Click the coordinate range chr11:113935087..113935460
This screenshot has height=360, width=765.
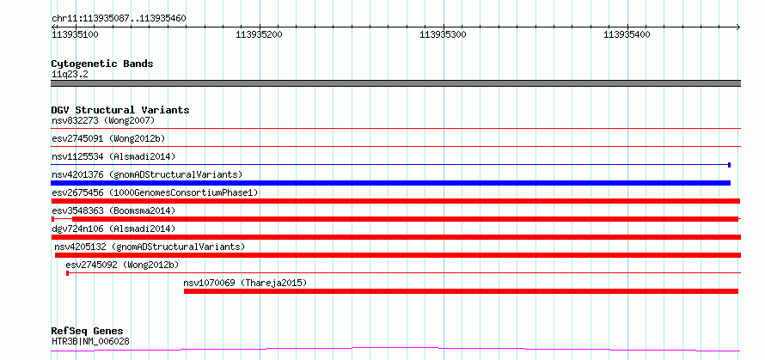pyautogui.click(x=119, y=19)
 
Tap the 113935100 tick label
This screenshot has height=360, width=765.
pyautogui.click(x=75, y=34)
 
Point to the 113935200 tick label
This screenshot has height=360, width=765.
pyautogui.click(x=259, y=34)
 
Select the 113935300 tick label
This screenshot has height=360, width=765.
pyautogui.click(x=443, y=34)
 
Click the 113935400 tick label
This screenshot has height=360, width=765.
pyautogui.click(x=627, y=34)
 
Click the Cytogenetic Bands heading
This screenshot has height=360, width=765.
pyautogui.click(x=102, y=64)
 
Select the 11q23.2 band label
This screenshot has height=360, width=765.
pyautogui.click(x=70, y=75)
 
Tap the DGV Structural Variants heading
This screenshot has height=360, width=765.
pyautogui.click(x=120, y=110)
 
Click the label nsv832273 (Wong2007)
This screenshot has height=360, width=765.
pyautogui.click(x=103, y=120)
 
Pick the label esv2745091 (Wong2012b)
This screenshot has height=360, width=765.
pyautogui.click(x=108, y=138)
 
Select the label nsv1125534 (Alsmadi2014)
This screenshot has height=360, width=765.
pyautogui.click(x=113, y=156)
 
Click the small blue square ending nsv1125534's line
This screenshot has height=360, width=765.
pyautogui.click(x=729, y=165)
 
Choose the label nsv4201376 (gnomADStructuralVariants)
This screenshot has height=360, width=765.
pyautogui.click(x=147, y=174)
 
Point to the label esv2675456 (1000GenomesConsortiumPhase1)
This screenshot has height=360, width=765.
pyautogui.click(x=155, y=192)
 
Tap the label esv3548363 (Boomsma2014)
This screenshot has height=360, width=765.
pyautogui.click(x=113, y=211)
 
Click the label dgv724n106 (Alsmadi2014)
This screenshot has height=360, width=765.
pyautogui.click(x=113, y=229)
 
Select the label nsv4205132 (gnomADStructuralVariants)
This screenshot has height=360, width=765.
pyautogui.click(x=150, y=247)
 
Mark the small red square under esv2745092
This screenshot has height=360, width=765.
pyautogui.click(x=67, y=273)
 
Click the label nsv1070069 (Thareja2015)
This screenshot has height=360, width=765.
pyautogui.click(x=245, y=283)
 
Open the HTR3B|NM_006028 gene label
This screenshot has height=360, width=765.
pyautogui.click(x=90, y=341)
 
